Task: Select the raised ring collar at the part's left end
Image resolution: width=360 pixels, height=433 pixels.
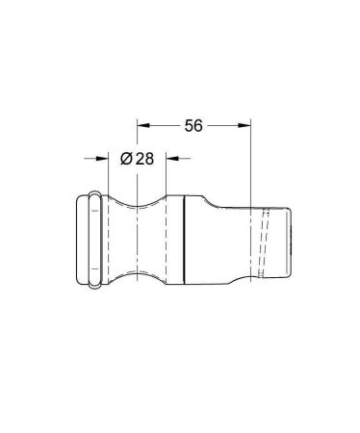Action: [x=94, y=239]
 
